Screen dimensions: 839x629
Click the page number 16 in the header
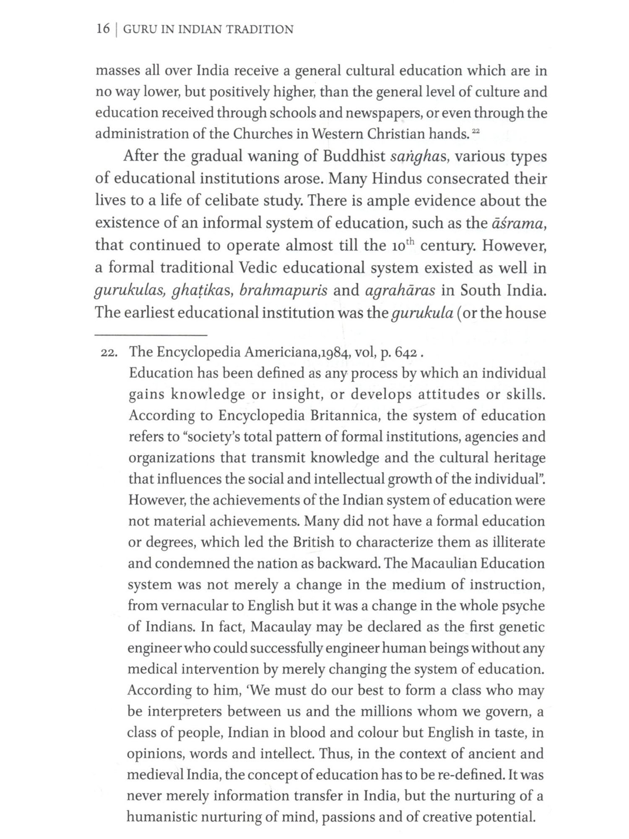(x=103, y=29)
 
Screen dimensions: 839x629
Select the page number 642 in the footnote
(x=405, y=352)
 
